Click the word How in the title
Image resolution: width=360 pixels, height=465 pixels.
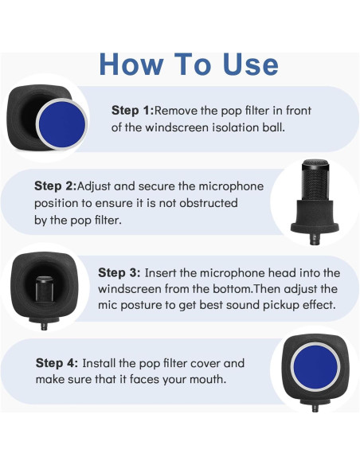[x=131, y=64]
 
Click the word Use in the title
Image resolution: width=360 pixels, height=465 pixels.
[x=251, y=64]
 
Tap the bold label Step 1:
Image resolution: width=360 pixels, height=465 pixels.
[x=133, y=111]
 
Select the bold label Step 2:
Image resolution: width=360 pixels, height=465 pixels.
[x=56, y=186]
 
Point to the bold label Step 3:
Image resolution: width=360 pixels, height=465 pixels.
[x=119, y=272]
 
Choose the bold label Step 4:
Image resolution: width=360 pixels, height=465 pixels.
[x=57, y=363]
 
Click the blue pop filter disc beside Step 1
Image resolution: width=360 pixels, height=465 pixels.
[x=62, y=124]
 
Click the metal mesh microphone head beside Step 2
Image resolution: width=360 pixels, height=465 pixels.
[x=315, y=180]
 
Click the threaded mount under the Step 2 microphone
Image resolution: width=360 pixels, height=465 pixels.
[x=315, y=239]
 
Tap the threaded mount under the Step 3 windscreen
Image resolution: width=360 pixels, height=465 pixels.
[x=44, y=326]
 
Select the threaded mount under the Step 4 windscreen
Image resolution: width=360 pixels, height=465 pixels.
[x=315, y=408]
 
